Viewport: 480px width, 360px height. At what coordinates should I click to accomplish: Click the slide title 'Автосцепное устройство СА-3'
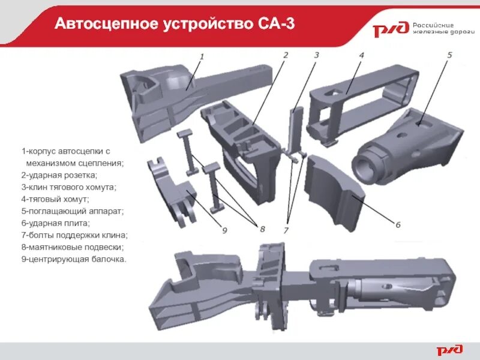pyautogui.click(x=174, y=24)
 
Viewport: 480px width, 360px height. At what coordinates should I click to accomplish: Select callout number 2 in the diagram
pyautogui.click(x=286, y=55)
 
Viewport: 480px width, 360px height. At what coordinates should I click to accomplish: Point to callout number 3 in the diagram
pyautogui.click(x=316, y=55)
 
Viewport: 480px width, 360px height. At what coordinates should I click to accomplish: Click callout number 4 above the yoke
pyautogui.click(x=362, y=55)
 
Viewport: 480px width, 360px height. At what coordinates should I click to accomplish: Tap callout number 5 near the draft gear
pyautogui.click(x=449, y=55)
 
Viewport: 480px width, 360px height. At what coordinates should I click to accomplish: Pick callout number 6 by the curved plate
pyautogui.click(x=397, y=224)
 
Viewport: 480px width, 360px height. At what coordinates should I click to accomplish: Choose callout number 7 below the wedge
pyautogui.click(x=286, y=230)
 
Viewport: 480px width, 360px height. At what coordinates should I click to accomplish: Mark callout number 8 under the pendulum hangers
pyautogui.click(x=262, y=228)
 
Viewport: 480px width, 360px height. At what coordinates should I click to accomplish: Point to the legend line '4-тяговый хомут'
pyautogui.click(x=55, y=199)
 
